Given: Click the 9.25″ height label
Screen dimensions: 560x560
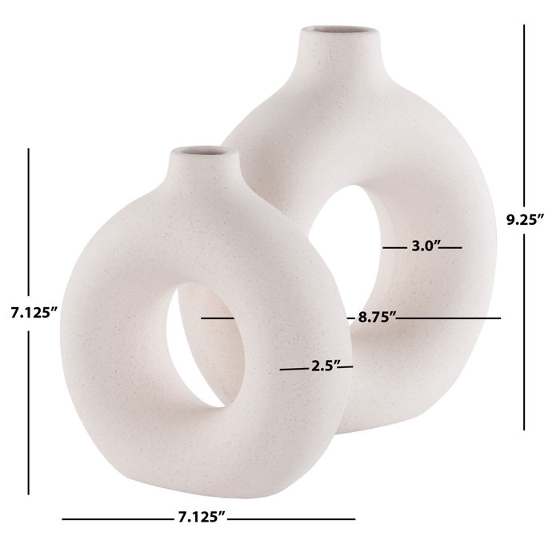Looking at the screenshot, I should [x=525, y=218].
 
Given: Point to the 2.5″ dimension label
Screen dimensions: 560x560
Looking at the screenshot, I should [x=321, y=368].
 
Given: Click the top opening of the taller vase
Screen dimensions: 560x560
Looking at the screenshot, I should [x=336, y=34].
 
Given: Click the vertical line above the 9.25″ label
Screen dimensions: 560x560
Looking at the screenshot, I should [x=524, y=112].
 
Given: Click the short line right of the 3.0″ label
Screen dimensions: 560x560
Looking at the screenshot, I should [x=453, y=248].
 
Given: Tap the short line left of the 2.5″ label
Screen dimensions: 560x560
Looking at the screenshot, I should [x=292, y=369].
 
